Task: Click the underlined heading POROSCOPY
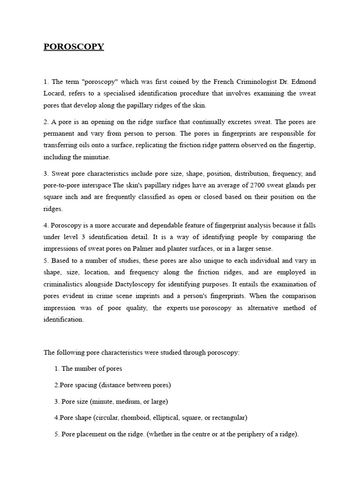tap(74, 46)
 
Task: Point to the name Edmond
tap(304, 82)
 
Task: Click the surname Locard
tap(53, 93)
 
